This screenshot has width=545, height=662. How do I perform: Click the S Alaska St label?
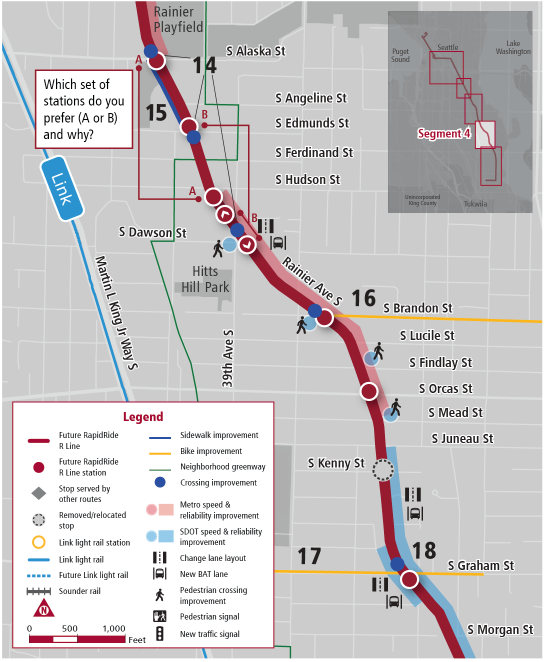click(255, 51)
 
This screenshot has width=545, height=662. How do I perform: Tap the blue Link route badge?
click(62, 188)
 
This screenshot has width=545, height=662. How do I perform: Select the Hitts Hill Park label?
click(205, 279)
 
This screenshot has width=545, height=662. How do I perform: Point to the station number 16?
click(363, 298)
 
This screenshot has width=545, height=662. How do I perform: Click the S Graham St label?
click(480, 565)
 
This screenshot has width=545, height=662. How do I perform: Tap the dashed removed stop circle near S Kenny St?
click(383, 470)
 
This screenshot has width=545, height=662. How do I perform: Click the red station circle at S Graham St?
click(409, 579)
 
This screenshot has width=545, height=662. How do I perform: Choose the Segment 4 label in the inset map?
click(444, 133)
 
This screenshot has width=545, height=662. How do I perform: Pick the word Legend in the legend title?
click(143, 416)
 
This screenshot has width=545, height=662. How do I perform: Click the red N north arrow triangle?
click(44, 608)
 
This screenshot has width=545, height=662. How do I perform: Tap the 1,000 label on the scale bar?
click(114, 628)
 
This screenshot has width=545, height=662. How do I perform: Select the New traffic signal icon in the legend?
click(159, 633)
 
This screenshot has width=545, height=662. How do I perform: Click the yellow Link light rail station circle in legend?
click(39, 542)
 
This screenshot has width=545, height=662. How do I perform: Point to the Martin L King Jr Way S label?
click(116, 312)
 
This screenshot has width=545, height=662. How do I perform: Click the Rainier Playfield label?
click(178, 19)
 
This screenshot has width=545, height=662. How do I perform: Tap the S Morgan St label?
click(500, 629)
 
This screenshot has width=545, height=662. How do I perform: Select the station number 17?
click(309, 556)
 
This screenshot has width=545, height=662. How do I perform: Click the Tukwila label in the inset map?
click(475, 204)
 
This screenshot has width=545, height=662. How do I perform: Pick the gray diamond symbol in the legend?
click(39, 493)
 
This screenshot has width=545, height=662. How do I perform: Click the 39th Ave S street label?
click(227, 358)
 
